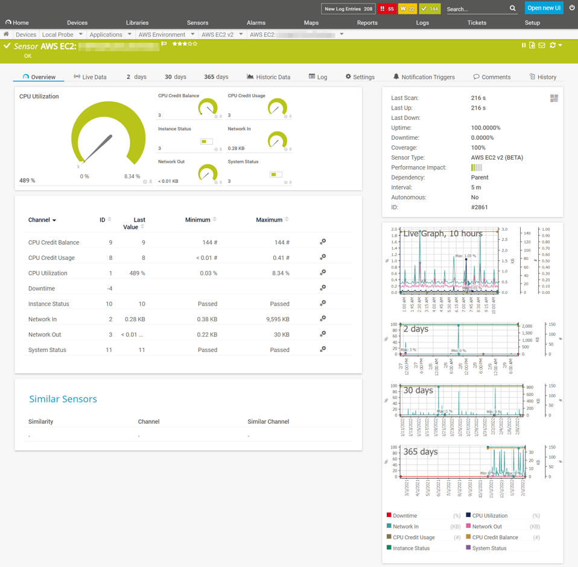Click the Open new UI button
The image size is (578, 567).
coord(544,8)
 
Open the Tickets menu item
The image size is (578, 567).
coord(477,23)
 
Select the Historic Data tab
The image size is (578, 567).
coord(268,77)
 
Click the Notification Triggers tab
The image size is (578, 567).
coord(424,77)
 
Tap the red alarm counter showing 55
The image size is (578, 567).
coord(387,9)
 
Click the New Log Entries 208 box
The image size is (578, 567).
coord(348,9)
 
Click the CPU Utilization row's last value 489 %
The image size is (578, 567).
coord(137,274)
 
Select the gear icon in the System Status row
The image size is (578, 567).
coord(323,349)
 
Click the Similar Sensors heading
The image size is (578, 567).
coord(63,399)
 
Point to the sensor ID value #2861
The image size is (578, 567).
coord(479,207)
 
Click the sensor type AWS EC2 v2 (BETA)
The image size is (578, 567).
coord(497,158)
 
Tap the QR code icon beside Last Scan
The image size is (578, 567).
coord(554,98)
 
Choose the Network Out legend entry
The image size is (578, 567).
coord(487,527)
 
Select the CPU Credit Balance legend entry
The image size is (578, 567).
coord(495,537)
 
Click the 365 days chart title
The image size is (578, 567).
coord(421,451)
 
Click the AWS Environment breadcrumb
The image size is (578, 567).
coord(162,35)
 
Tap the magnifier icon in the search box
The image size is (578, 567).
coord(513,9)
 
